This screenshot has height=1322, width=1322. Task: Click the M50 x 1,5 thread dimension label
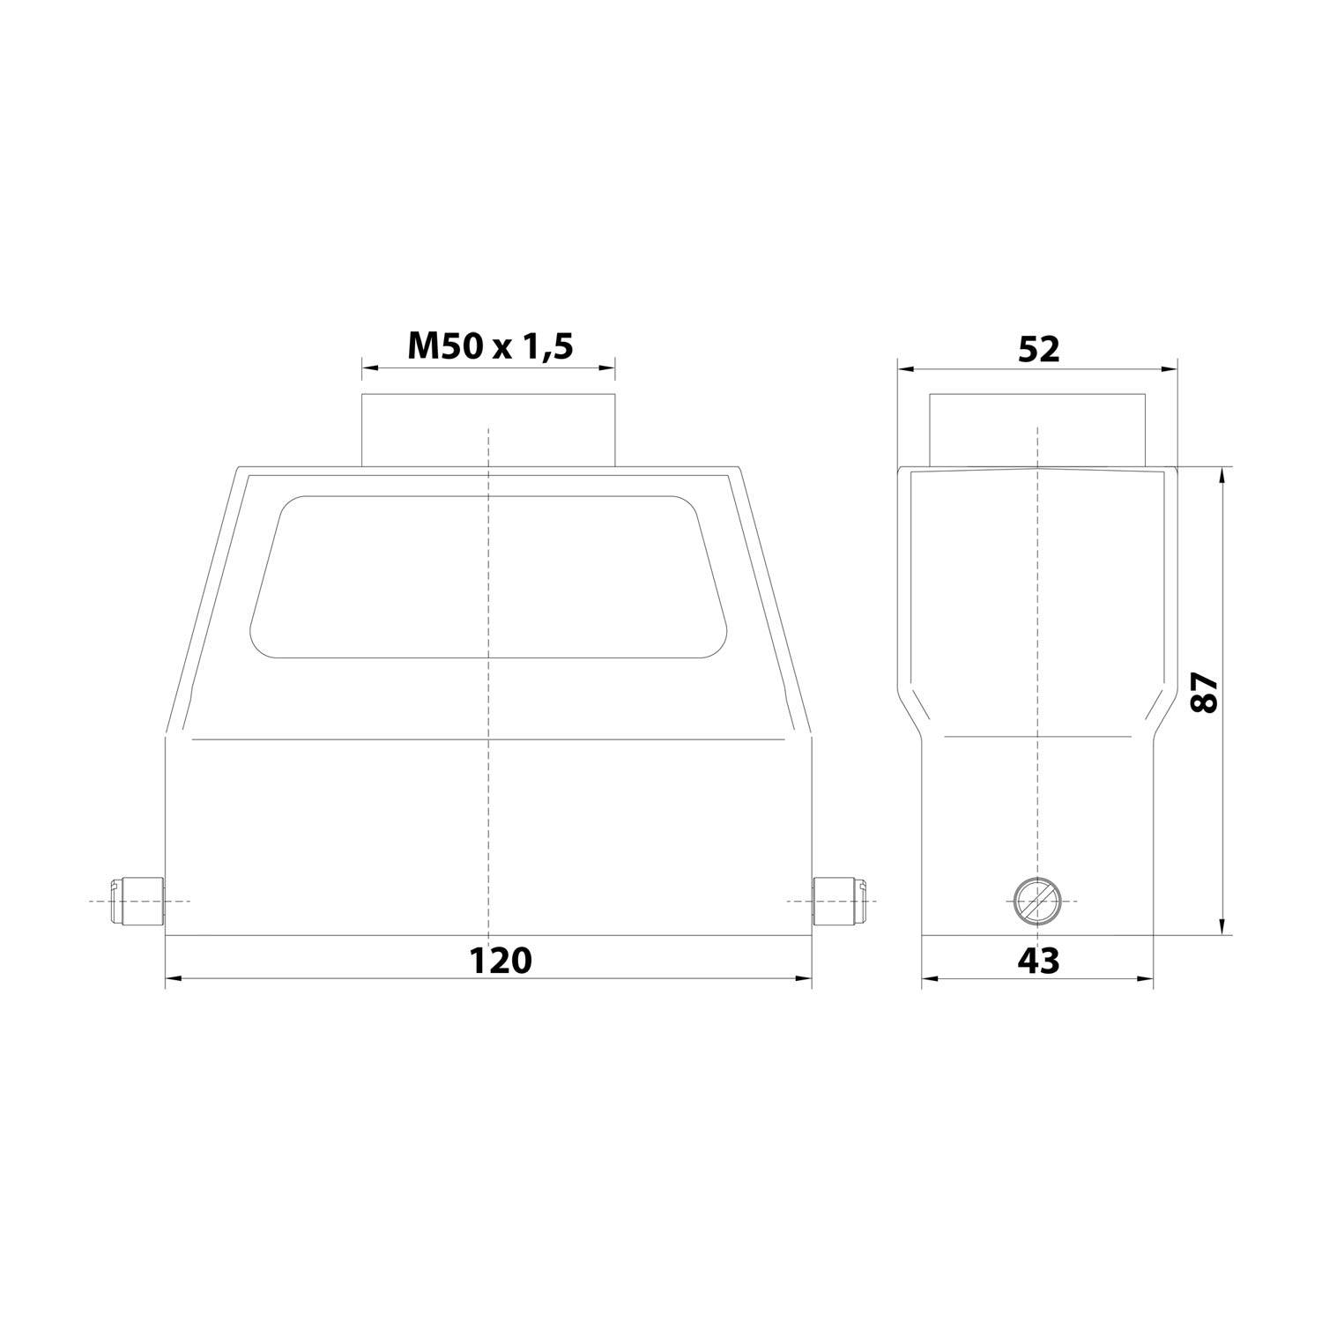click(x=490, y=346)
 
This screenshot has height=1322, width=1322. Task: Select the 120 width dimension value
click(x=500, y=960)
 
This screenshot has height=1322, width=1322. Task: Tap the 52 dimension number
click(x=1038, y=350)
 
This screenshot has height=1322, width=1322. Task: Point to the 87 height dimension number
click(x=1203, y=692)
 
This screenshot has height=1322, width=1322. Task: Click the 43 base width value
click(x=1038, y=960)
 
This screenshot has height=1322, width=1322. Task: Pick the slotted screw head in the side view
click(x=1036, y=902)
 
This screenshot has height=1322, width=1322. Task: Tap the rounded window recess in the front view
click(x=489, y=577)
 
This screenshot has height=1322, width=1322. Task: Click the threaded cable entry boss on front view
click(x=488, y=429)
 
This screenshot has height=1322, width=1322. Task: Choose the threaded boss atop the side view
click(x=1037, y=429)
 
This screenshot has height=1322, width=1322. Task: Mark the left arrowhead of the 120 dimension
click(x=173, y=977)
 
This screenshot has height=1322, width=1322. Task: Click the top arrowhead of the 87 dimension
click(x=1222, y=475)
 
